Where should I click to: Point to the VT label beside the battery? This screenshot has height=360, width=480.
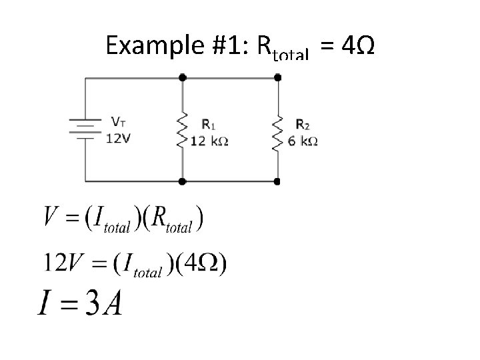[118, 122]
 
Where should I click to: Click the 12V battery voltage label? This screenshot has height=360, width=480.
[119, 138]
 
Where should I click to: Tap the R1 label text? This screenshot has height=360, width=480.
[208, 124]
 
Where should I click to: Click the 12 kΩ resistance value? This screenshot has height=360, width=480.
[209, 141]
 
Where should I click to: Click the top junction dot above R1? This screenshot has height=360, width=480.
[182, 77]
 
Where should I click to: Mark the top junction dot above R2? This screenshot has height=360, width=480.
[278, 77]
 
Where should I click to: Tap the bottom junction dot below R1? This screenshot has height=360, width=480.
[182, 181]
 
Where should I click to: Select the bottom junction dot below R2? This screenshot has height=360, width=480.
[278, 181]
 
